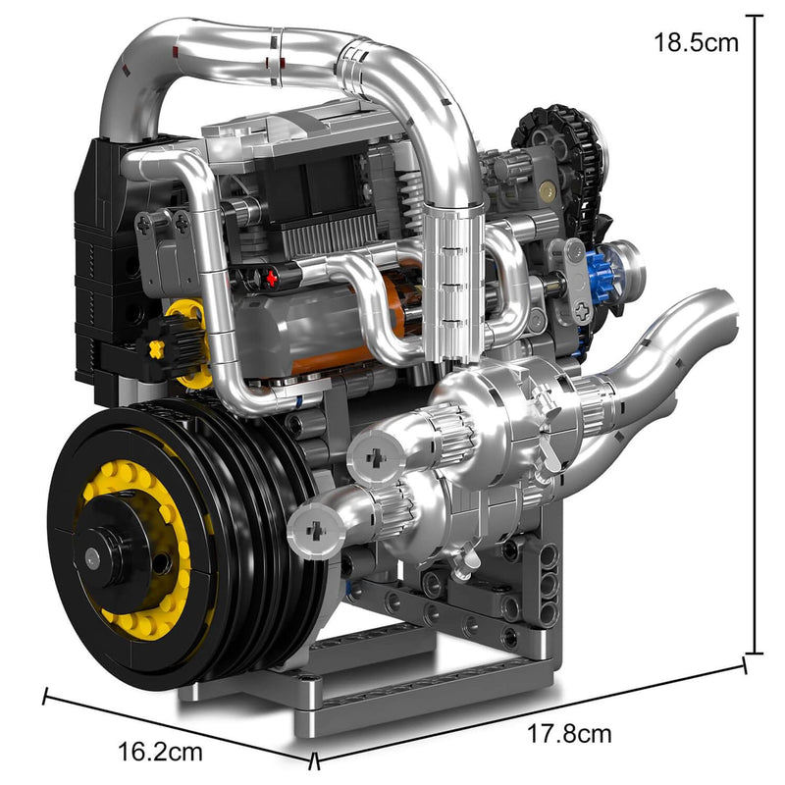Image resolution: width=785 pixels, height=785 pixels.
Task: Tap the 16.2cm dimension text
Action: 160,752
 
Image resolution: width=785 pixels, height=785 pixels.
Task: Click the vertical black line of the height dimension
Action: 754,334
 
